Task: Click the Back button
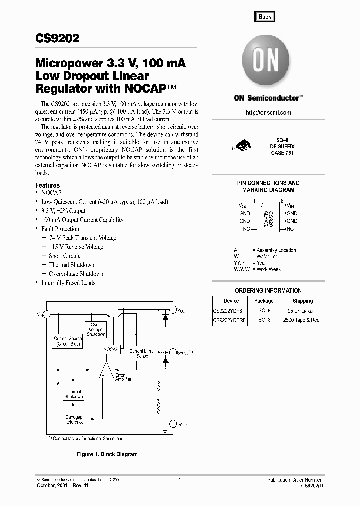click(265, 17)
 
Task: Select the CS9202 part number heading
click(57, 39)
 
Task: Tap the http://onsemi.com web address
click(268, 113)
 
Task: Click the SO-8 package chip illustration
click(244, 145)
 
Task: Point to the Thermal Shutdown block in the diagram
click(73, 394)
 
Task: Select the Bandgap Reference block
click(74, 419)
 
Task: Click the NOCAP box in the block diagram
click(111, 349)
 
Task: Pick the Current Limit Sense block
click(139, 353)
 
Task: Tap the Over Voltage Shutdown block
click(95, 329)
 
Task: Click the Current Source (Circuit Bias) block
click(68, 341)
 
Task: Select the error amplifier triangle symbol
click(106, 371)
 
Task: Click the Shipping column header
click(303, 301)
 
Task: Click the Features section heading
click(47, 185)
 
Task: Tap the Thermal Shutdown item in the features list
click(71, 265)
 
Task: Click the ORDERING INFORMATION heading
click(268, 291)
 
